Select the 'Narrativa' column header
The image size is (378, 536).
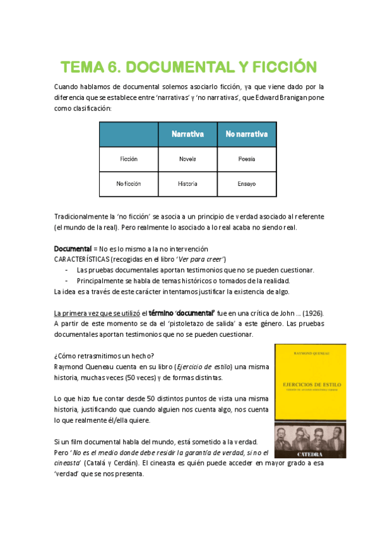(187, 134)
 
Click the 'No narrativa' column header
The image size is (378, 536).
(247, 134)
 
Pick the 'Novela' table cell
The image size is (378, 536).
(187, 159)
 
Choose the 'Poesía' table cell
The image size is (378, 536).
(247, 159)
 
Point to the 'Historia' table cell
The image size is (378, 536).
(187, 184)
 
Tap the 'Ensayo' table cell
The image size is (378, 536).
(247, 184)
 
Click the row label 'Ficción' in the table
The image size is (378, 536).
(129, 159)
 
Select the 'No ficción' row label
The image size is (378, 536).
(129, 184)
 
